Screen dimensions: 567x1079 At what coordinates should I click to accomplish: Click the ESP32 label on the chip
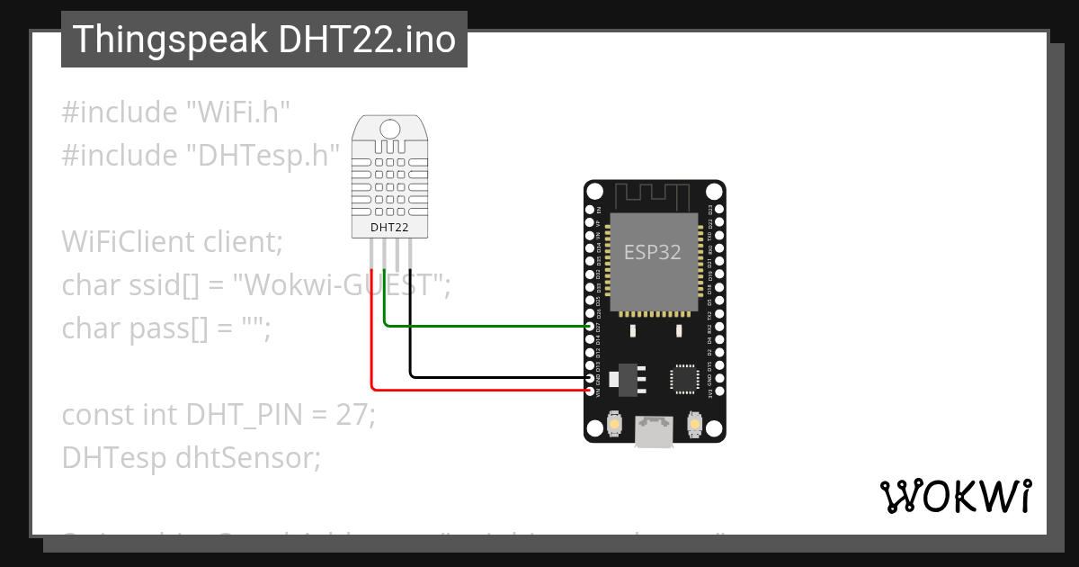pyautogui.click(x=653, y=253)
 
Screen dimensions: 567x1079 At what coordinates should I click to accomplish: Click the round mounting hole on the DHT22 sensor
pyautogui.click(x=389, y=129)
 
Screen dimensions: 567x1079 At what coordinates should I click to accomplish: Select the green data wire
pyautogui.click(x=486, y=326)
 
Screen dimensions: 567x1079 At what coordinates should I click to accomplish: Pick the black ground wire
pyautogui.click(x=495, y=375)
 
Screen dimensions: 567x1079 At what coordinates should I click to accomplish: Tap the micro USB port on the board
pyautogui.click(x=654, y=433)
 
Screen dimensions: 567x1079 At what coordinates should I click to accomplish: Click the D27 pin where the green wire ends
pyautogui.click(x=590, y=327)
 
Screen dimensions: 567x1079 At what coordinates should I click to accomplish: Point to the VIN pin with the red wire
pyautogui.click(x=590, y=390)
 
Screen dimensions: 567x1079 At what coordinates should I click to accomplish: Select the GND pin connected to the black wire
pyautogui.click(x=590, y=377)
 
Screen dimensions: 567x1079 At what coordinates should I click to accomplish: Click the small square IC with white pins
pyautogui.click(x=685, y=379)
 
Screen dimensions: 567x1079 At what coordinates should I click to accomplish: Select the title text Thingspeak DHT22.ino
pyautogui.click(x=264, y=40)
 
